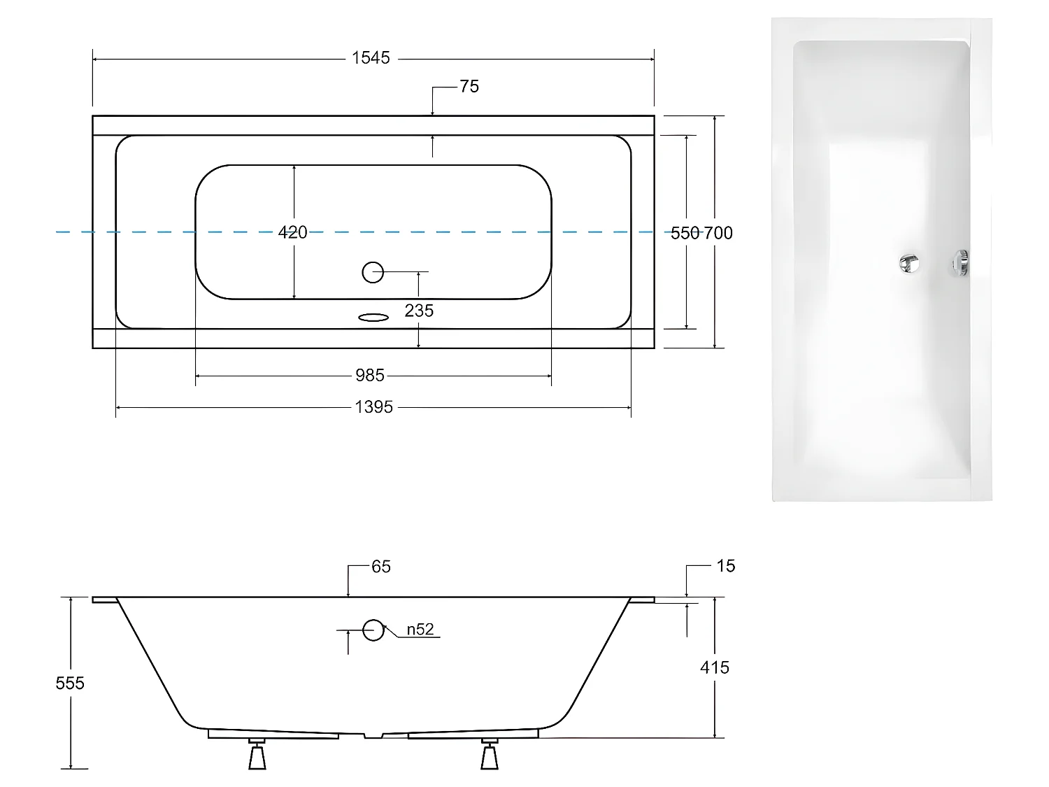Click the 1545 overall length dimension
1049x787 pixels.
coord(371,59)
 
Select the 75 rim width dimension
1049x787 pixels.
coord(469,87)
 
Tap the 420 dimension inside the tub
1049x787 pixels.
coord(292,232)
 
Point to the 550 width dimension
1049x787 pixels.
coord(685,233)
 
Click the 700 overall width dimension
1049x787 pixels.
coord(718,233)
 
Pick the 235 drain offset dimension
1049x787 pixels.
coord(419,311)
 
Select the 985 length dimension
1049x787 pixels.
coord(370,376)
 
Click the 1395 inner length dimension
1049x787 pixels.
coord(373,406)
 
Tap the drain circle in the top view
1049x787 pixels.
coord(373,271)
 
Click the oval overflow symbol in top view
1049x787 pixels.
coord(373,318)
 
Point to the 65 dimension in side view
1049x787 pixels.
coord(380,567)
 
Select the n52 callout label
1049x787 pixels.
coord(420,630)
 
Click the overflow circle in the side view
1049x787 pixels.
coord(373,630)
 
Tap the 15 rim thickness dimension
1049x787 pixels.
coord(726,566)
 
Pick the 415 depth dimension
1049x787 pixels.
coord(714,667)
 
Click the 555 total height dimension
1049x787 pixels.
coord(70,683)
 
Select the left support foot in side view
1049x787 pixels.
coord(257,755)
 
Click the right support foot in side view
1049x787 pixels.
coord(489,755)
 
